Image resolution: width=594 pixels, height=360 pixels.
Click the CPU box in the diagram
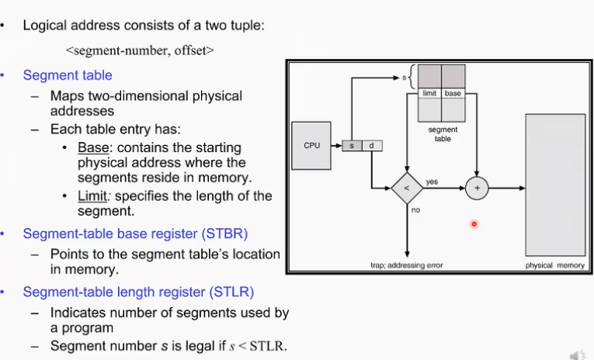coord(312,145)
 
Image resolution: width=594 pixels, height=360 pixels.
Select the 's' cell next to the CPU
coord(353,145)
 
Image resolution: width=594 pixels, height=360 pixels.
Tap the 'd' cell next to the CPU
coord(370,145)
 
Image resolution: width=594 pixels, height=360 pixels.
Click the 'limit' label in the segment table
coord(429,93)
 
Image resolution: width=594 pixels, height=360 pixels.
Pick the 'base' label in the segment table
coord(453,93)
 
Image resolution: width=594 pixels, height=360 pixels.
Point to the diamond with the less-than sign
coord(406,188)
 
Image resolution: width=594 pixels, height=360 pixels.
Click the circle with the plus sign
coord(476,188)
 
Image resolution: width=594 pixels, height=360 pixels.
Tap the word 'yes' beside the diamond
coord(432,182)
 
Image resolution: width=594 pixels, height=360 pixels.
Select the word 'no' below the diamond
coord(416,210)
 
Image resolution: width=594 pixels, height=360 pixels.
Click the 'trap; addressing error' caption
coord(406,265)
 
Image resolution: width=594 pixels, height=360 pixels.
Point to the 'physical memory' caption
coord(555,265)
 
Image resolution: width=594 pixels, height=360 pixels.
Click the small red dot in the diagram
coord(474,224)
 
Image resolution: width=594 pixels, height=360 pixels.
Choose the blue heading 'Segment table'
coord(68,75)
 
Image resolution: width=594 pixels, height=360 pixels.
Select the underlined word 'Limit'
coord(92,196)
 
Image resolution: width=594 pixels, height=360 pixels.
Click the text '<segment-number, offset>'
coord(140,51)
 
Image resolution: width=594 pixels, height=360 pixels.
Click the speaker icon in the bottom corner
coord(577,354)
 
